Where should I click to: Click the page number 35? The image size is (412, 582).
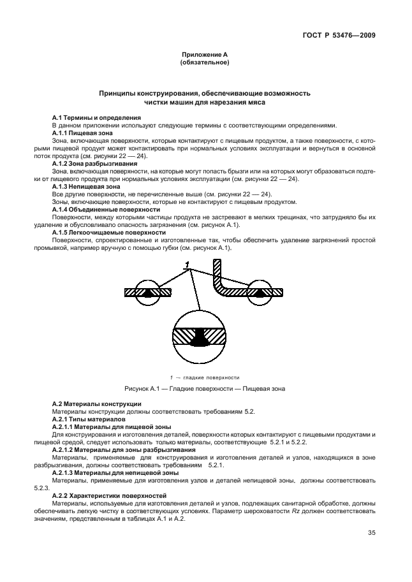point(371,534)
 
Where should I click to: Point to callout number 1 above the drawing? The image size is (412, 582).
point(187,264)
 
